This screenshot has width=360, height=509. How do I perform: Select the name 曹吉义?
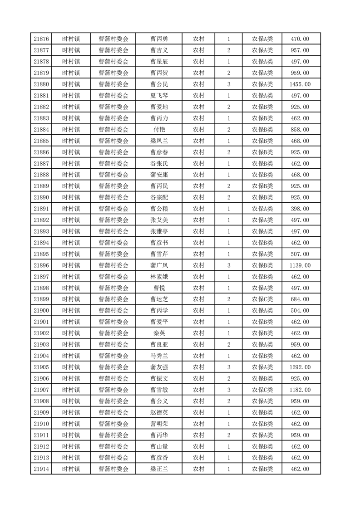click(x=159, y=50)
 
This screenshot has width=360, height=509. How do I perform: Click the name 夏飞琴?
click(x=159, y=96)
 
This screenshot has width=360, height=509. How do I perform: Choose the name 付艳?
click(x=159, y=130)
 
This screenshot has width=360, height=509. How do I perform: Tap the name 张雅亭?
click(x=159, y=231)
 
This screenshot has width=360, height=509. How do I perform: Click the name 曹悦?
click(x=159, y=288)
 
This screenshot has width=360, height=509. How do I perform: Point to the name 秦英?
click(x=159, y=333)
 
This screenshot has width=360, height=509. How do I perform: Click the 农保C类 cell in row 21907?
click(x=262, y=390)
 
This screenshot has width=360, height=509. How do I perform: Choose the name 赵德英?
click(x=159, y=412)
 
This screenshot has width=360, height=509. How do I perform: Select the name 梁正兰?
click(x=159, y=469)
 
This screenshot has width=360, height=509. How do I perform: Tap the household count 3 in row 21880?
click(x=229, y=84)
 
